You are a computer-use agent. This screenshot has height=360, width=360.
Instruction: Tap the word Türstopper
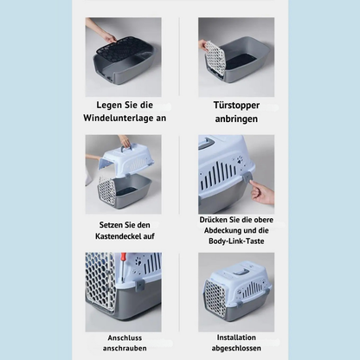tap(236, 106)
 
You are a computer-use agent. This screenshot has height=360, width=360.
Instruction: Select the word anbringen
tap(236, 119)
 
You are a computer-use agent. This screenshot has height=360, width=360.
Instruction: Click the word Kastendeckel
tap(119, 236)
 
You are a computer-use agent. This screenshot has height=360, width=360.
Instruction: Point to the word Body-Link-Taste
tap(236, 241)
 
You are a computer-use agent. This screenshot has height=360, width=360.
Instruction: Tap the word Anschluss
tap(125, 337)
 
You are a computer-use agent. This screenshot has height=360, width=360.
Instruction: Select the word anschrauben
tap(125, 348)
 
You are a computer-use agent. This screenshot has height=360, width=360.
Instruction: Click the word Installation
tap(236, 337)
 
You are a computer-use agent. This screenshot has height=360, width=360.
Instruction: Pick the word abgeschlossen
tap(236, 348)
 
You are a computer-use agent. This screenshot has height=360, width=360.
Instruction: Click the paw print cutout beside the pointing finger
tap(241, 159)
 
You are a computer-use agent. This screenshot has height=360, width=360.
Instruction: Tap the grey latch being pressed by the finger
tap(248, 177)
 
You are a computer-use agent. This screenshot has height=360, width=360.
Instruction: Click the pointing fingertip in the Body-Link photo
tap(252, 183)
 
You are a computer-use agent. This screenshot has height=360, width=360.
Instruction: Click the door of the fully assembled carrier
tap(215, 296)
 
